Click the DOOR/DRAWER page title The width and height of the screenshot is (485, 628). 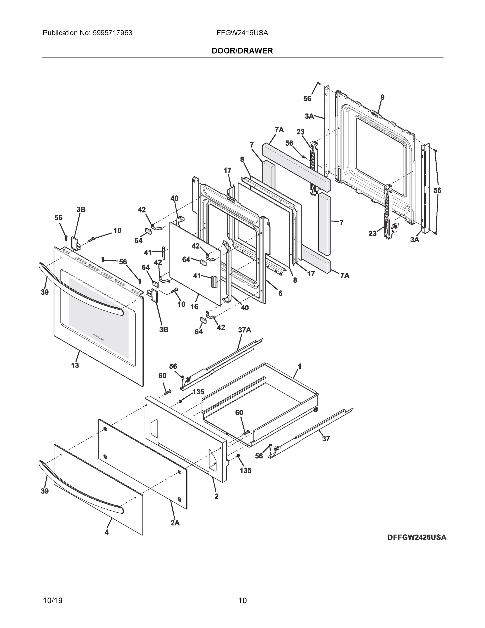(242, 51)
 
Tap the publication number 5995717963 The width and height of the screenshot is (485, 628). (112, 33)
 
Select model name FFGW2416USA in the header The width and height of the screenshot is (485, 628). (242, 33)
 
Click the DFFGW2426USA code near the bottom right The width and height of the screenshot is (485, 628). (416, 537)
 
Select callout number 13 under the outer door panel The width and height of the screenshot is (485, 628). (75, 366)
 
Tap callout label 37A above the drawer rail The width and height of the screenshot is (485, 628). (244, 330)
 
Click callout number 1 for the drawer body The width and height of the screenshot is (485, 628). (299, 366)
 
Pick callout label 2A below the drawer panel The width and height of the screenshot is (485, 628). (175, 523)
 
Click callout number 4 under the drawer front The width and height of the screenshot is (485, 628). (107, 532)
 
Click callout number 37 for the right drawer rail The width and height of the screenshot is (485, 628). (326, 439)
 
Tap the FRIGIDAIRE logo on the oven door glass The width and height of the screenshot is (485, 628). (99, 337)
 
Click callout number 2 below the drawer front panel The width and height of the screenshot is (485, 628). (216, 496)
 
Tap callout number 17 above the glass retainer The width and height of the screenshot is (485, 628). (227, 171)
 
